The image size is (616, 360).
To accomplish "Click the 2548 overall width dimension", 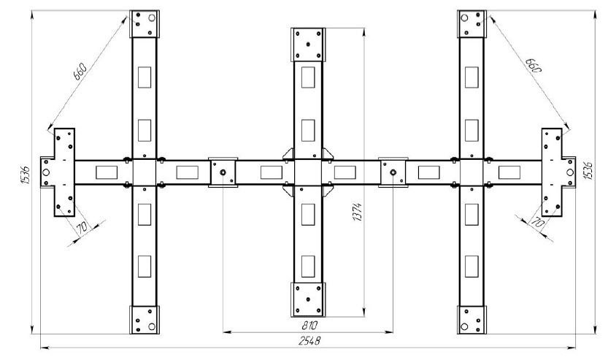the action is click(309, 340).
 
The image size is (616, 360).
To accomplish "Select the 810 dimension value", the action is click(309, 326).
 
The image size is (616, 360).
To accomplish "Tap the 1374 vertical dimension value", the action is click(358, 212).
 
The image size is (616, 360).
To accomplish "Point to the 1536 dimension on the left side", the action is click(25, 175).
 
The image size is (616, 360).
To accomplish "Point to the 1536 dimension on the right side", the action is click(588, 171).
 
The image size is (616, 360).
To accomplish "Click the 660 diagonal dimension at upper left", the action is click(80, 71).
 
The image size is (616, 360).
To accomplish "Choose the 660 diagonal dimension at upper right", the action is click(534, 65).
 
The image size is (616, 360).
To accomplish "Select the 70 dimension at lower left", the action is click(82, 227).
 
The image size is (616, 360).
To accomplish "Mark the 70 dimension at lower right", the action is click(537, 223).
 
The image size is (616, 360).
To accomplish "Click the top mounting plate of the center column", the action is click(308, 45).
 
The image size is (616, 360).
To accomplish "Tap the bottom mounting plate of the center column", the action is click(308, 299).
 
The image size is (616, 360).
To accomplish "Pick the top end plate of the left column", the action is click(145, 24).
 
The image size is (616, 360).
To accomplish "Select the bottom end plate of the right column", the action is click(471, 320).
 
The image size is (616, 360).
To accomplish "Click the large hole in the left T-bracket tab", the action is click(46, 172).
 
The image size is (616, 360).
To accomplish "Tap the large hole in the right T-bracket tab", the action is click(570, 172).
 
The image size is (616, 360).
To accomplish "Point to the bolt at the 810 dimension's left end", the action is click(223, 172).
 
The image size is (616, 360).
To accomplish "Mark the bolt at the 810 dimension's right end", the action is click(393, 172).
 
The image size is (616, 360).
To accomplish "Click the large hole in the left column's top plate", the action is click(152, 18).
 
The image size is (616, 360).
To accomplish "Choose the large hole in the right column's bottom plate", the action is click(464, 326).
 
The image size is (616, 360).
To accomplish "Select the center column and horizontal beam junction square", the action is click(308, 172).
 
